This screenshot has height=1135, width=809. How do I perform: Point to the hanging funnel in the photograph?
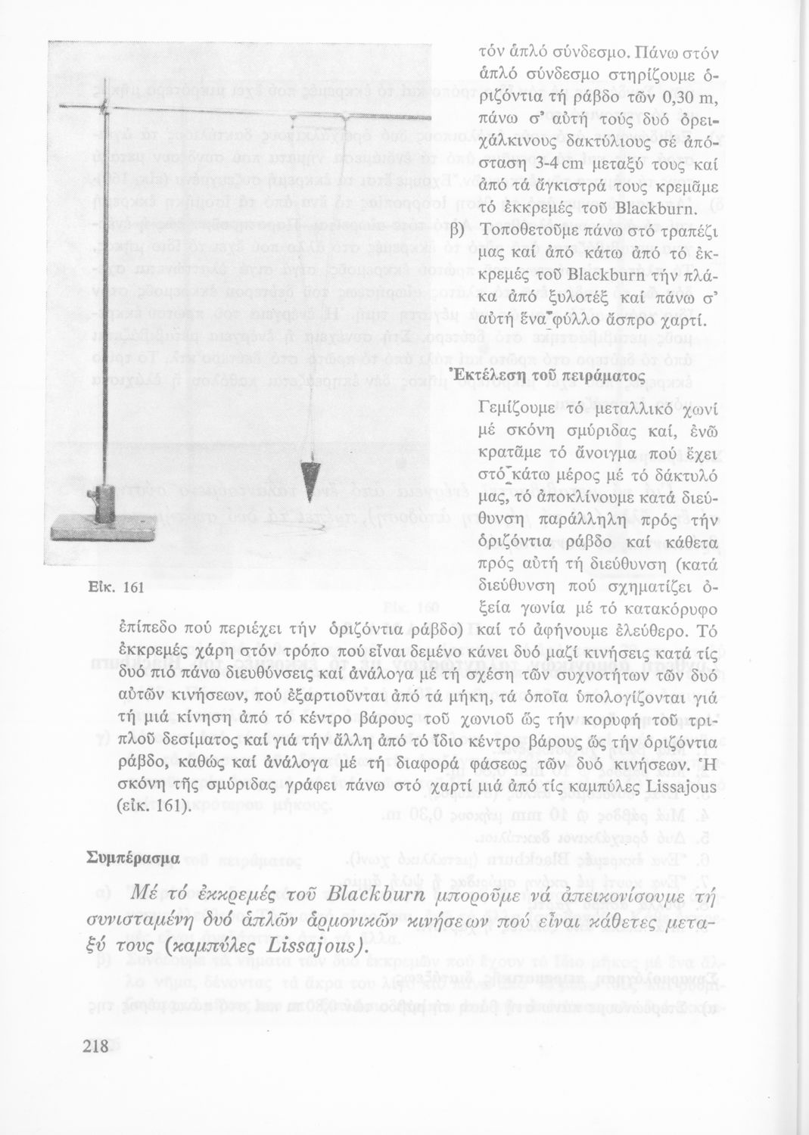[307, 480]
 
